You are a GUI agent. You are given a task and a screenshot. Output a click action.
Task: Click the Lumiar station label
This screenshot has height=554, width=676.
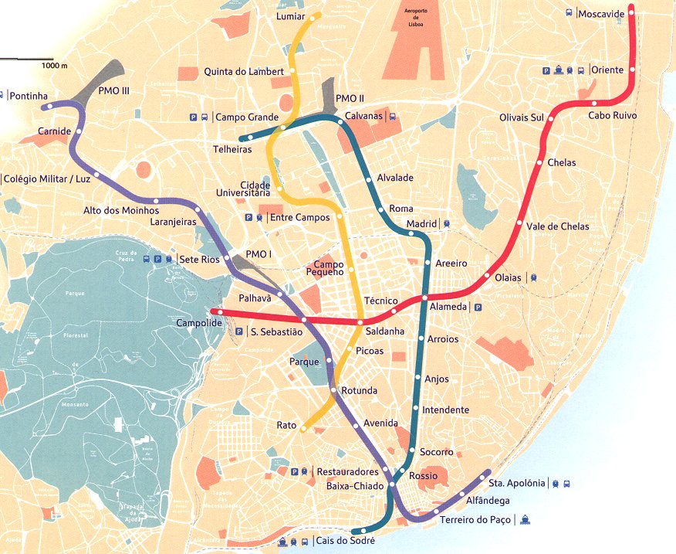pyautogui.click(x=290, y=16)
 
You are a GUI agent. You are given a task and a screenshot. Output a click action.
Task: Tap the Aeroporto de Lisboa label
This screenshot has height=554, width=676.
pyautogui.click(x=410, y=18)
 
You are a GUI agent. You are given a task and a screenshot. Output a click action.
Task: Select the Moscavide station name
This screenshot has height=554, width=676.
pyautogui.click(x=602, y=14)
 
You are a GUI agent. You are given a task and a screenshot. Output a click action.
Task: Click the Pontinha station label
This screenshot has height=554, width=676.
pyautogui.click(x=29, y=97)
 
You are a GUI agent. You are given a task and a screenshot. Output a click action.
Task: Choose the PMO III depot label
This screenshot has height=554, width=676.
pyautogui.click(x=114, y=90)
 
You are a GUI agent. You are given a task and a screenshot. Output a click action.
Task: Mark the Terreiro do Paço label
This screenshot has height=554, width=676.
pyautogui.click(x=475, y=520)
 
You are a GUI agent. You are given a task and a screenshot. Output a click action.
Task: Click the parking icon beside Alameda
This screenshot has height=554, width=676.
pyautogui.click(x=478, y=307)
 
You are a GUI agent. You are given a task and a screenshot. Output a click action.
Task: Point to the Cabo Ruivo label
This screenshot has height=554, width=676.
pyautogui.click(x=613, y=115)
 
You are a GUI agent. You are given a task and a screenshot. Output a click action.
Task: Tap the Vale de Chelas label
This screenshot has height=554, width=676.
pyautogui.click(x=557, y=226)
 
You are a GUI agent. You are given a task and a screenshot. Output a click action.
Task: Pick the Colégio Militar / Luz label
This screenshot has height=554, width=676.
pyautogui.click(x=46, y=178)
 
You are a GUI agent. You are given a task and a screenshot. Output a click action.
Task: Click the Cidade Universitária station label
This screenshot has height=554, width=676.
pyautogui.click(x=245, y=189)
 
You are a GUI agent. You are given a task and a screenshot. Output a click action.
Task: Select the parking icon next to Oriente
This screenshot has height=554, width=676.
pyautogui.click(x=546, y=70)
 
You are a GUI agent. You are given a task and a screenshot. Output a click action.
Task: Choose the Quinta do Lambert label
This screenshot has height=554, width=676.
pyautogui.click(x=244, y=72)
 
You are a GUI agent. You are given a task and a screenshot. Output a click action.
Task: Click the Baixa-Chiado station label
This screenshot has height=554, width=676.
pyautogui.click(x=352, y=486)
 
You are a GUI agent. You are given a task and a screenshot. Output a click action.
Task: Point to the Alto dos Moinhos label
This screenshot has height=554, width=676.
pyautogui.click(x=121, y=210)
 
